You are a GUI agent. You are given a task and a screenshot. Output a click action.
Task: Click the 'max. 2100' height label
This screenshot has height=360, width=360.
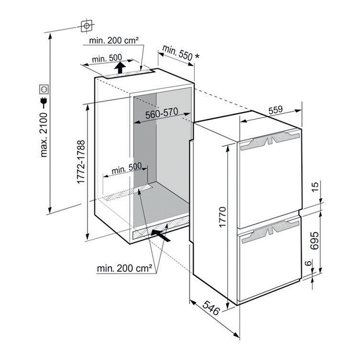[43, 135]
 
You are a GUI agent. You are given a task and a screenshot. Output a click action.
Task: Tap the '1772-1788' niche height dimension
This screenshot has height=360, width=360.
[81, 162]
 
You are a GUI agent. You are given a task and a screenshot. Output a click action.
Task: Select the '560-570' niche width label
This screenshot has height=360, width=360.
[162, 113]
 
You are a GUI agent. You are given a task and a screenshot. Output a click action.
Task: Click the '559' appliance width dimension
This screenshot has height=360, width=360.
[275, 110]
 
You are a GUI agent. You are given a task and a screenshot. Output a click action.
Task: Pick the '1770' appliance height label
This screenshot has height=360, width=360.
[222, 217]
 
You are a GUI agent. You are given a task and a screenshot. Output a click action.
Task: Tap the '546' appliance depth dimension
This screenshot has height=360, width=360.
[211, 308]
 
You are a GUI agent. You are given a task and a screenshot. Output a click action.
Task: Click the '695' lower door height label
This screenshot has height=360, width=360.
[314, 241]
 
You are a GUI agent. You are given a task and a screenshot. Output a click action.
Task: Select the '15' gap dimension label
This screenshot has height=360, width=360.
[316, 187]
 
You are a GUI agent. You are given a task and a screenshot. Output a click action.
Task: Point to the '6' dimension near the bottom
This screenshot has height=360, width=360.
[309, 263]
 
